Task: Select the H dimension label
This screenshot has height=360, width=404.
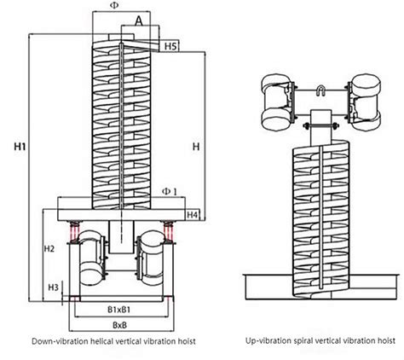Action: [195, 147]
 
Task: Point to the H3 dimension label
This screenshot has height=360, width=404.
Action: [54, 287]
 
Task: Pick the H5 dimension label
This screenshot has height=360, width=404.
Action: [170, 44]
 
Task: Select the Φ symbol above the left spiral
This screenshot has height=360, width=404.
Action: [115, 6]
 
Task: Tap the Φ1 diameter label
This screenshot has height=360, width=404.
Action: [170, 192]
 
